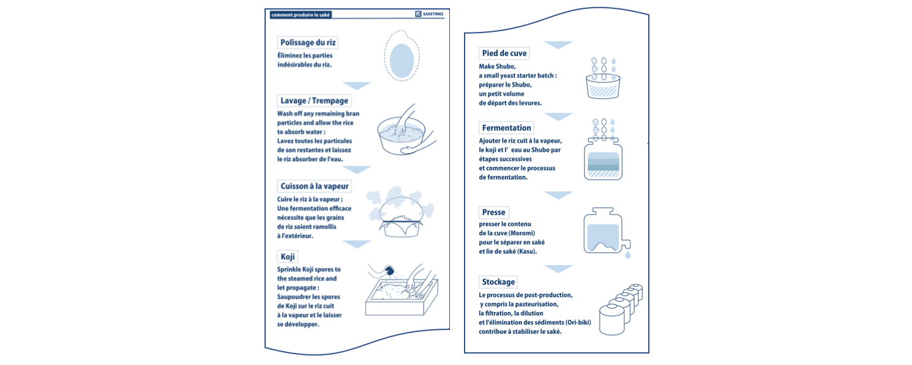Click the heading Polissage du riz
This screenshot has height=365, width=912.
click(x=308, y=42)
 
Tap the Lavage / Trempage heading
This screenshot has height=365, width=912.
click(x=314, y=101)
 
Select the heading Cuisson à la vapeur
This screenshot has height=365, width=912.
click(x=314, y=186)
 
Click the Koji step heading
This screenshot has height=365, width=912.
click(x=287, y=256)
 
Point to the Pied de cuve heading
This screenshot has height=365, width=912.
click(x=504, y=54)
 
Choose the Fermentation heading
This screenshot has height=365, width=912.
click(x=507, y=128)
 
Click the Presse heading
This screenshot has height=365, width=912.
click(x=493, y=212)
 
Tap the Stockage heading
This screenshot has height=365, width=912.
click(x=498, y=282)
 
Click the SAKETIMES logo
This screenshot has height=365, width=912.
click(x=429, y=14)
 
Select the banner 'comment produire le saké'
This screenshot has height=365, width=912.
click(x=300, y=15)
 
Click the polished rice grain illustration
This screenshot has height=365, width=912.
click(x=402, y=56)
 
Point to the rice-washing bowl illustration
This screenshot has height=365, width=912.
click(x=405, y=130)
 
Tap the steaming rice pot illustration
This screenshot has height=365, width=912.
click(x=401, y=211)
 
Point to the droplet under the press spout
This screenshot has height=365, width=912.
click(x=628, y=255)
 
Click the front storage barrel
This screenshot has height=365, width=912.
click(x=612, y=320)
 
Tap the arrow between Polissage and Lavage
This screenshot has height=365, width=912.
click(x=357, y=85)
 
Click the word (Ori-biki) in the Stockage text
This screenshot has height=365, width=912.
click(x=578, y=322)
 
